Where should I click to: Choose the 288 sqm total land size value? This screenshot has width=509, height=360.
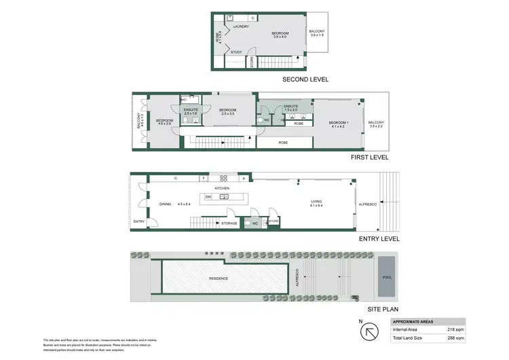pos(454,338)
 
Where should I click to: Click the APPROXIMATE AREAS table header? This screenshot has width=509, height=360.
pos(414,321)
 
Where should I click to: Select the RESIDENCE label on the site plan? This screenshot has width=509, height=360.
pos(218,278)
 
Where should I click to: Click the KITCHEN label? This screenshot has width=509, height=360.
pos(222,188)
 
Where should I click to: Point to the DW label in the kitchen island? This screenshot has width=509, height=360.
pos(209,196)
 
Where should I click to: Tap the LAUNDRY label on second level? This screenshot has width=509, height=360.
pos(241,26)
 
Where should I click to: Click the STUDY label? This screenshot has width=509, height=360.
pos(236,52)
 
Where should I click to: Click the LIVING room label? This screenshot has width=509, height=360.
pos(316,201)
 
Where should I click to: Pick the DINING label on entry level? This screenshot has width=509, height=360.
pos(165,203)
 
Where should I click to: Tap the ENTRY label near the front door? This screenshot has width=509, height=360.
pos(139,221)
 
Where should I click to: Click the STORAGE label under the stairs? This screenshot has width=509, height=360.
pos(229,222)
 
